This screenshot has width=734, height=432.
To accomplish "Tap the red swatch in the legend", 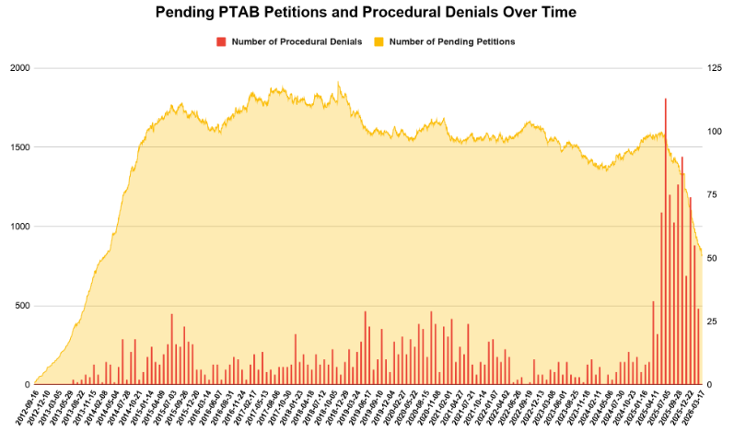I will (x=220, y=41).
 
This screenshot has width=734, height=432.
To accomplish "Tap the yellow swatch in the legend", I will (x=379, y=41).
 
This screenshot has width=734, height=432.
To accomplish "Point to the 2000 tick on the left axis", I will (x=18, y=68).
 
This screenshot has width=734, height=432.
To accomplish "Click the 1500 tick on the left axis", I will (x=18, y=147).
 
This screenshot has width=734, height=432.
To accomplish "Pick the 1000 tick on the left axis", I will (x=18, y=227).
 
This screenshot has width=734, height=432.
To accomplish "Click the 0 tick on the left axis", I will (x=26, y=384).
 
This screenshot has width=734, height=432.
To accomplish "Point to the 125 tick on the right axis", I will (x=715, y=68).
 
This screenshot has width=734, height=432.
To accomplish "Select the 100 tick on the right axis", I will (x=715, y=132).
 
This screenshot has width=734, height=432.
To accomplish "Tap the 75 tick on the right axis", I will (x=713, y=195).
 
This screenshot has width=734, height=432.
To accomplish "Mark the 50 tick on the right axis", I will (x=713, y=258).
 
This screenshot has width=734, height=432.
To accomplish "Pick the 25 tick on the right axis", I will (x=713, y=321).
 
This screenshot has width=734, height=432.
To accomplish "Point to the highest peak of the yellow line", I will (x=338, y=83).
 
